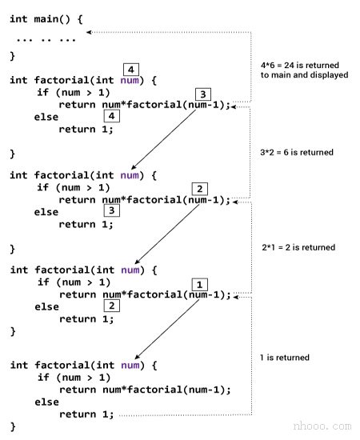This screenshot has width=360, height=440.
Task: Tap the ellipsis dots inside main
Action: (46, 38)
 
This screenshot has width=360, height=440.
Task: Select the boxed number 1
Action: (201, 284)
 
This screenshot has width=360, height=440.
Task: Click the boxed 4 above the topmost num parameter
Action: (131, 68)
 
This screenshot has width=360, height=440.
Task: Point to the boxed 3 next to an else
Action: (113, 210)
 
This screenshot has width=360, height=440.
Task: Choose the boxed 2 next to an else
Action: (113, 305)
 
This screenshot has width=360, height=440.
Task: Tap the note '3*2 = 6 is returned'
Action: (297, 152)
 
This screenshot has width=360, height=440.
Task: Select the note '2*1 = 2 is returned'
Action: (298, 247)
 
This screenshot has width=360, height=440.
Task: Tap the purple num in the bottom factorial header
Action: (130, 365)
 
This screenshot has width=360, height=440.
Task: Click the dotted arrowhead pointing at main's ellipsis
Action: (90, 32)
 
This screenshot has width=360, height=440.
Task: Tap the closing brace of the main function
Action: (13, 55)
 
